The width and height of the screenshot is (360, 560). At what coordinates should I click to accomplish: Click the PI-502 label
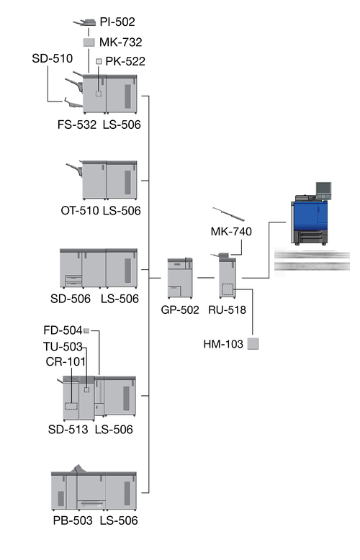tap(117, 22)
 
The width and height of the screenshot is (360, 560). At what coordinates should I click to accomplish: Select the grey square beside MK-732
tap(89, 42)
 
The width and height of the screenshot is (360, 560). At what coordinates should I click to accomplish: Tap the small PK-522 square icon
tap(99, 61)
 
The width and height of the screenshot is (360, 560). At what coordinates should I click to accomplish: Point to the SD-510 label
tap(52, 58)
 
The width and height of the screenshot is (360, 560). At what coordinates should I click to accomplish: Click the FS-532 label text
tap(77, 125)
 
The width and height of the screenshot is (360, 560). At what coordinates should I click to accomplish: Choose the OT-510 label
tap(80, 210)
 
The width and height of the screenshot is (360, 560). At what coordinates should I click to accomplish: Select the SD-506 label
tap(71, 299)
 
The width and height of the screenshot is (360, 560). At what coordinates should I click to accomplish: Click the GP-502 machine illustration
tap(180, 278)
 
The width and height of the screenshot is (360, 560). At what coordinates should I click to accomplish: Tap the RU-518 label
tap(227, 310)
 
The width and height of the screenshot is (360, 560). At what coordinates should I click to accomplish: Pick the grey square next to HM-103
tap(253, 343)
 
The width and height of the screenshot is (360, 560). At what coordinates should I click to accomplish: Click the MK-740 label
tap(231, 232)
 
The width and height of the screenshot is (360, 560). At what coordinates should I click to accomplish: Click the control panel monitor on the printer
tap(323, 188)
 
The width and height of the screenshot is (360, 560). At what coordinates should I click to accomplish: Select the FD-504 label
tap(63, 330)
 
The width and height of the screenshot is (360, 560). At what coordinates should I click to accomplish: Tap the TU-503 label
tap(63, 346)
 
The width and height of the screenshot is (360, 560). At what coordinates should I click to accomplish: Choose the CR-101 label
tap(66, 362)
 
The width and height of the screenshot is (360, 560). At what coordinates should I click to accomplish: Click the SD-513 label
tap(68, 429)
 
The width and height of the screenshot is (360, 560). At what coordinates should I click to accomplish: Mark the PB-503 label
tap(73, 520)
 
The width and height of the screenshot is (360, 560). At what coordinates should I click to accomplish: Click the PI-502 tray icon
tap(85, 22)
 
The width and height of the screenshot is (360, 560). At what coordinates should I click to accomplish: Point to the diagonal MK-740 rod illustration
tap(228, 214)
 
